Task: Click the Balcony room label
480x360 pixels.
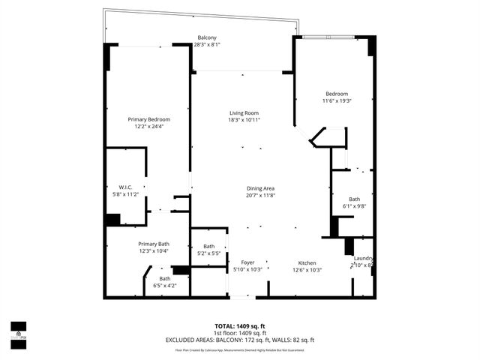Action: click(x=207, y=37)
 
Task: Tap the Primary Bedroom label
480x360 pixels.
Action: click(x=148, y=119)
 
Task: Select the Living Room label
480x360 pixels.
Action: click(x=244, y=113)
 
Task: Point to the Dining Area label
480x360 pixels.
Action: click(x=261, y=188)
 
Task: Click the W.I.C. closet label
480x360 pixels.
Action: click(x=125, y=187)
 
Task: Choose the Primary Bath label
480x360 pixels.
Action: click(x=153, y=244)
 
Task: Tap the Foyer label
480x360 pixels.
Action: click(x=247, y=262)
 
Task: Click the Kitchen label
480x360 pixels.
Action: click(x=307, y=262)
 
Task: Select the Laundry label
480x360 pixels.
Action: click(x=364, y=258)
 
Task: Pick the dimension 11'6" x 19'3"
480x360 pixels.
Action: click(x=337, y=100)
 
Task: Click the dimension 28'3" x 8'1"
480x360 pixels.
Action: click(x=207, y=45)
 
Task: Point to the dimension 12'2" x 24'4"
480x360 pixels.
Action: click(x=148, y=127)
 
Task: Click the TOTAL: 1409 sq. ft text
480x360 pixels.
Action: click(x=239, y=326)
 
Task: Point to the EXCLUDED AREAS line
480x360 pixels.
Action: click(x=239, y=340)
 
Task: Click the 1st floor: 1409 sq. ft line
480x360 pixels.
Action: click(x=239, y=333)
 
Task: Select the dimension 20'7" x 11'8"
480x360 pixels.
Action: click(x=261, y=196)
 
